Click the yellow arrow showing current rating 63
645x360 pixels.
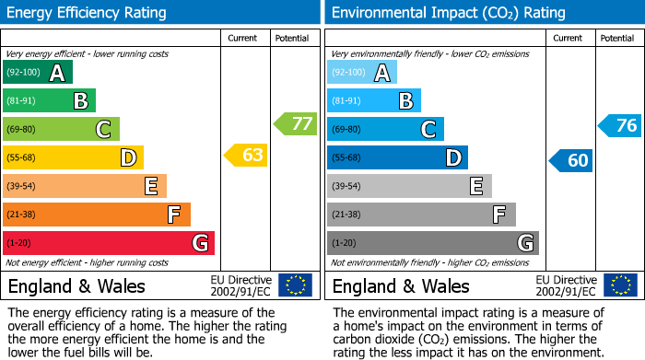pos(246,155)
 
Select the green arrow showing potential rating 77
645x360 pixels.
pos(295,123)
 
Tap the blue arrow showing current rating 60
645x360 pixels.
pos(570,160)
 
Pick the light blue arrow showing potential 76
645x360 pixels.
pos(619,126)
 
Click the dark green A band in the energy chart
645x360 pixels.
pos(37,73)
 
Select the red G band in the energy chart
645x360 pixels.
pos(108,243)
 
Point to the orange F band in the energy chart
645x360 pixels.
pos(96,215)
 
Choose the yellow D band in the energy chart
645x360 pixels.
pos(73,157)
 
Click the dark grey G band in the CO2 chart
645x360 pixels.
pos(432,243)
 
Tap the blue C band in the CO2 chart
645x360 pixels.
pos(385,129)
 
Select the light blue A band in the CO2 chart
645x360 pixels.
pos(362,73)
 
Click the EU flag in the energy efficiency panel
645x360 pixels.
pos(296,285)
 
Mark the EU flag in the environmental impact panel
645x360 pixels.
pos(620,285)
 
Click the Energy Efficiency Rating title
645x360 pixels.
pos(88,13)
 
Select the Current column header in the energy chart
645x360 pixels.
pos(242,39)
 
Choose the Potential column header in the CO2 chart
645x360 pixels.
pos(616,39)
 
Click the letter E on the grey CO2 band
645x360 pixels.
pos(475,186)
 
